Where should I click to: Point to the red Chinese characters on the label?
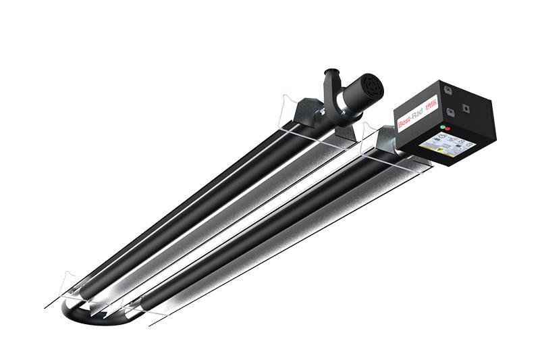click(431, 107)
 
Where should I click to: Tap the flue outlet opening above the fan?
click(333, 71)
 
